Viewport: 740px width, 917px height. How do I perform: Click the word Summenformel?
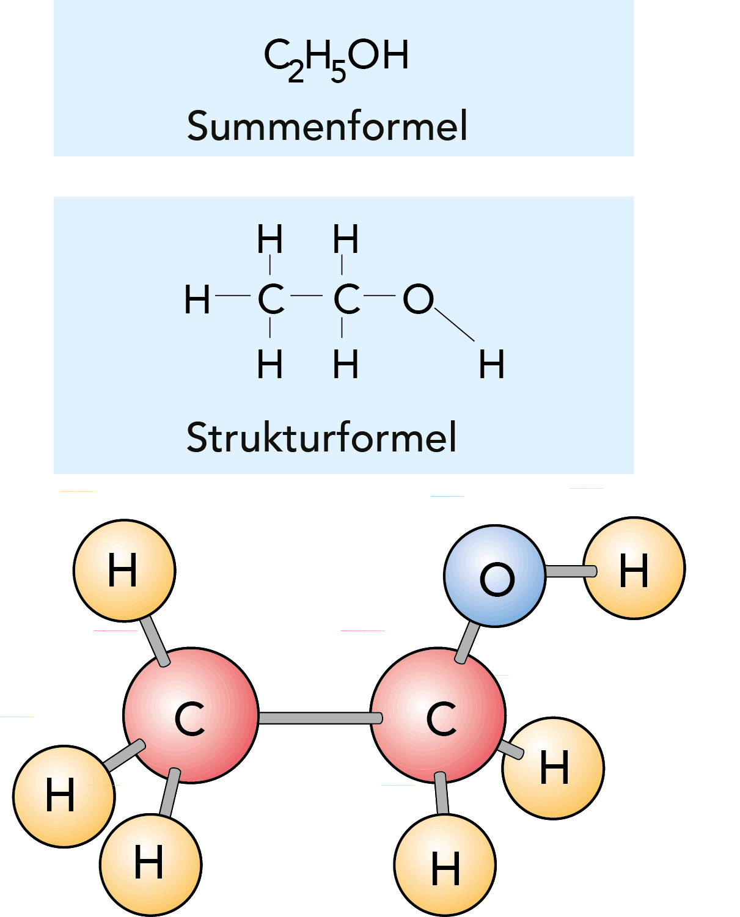[x=327, y=126]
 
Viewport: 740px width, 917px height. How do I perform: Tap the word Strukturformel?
[x=321, y=437]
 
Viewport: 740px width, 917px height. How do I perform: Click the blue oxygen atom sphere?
[x=494, y=575]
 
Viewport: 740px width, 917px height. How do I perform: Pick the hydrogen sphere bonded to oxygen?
[x=634, y=569]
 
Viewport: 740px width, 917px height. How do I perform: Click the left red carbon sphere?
[x=191, y=715]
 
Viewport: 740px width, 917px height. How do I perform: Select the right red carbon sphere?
[x=438, y=715]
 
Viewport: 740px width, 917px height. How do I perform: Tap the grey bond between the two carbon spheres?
[x=315, y=718]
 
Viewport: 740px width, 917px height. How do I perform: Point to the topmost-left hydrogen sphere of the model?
[x=124, y=570]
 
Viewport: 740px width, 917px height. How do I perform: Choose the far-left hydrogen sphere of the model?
[x=64, y=795]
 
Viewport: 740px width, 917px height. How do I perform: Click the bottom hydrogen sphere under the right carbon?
[x=445, y=866]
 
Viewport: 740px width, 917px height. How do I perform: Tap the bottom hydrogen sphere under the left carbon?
[x=150, y=864]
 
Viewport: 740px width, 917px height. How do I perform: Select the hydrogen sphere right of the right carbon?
[x=554, y=768]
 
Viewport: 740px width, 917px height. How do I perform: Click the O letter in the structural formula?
[x=418, y=299]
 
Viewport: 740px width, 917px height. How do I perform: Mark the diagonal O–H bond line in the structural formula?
[x=455, y=324]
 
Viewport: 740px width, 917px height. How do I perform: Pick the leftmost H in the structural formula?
[x=197, y=300]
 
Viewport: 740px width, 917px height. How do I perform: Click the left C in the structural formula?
[x=271, y=299]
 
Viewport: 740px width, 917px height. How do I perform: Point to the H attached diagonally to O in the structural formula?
[x=491, y=365]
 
